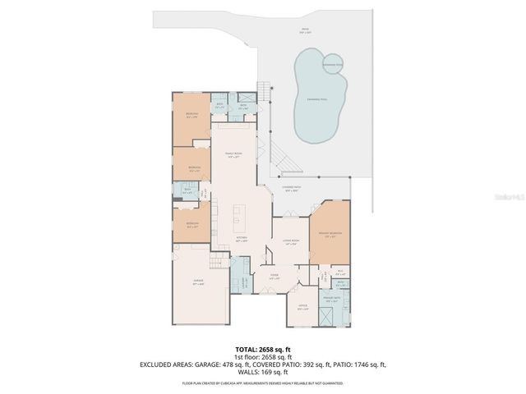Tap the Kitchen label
click(x=219, y=241)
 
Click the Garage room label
click(x=198, y=282)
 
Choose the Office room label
click(x=303, y=308)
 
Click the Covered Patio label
click(x=291, y=189)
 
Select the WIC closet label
click(x=340, y=271)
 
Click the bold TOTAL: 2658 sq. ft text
click(x=262, y=349)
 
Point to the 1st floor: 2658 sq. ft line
click(x=262, y=356)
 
